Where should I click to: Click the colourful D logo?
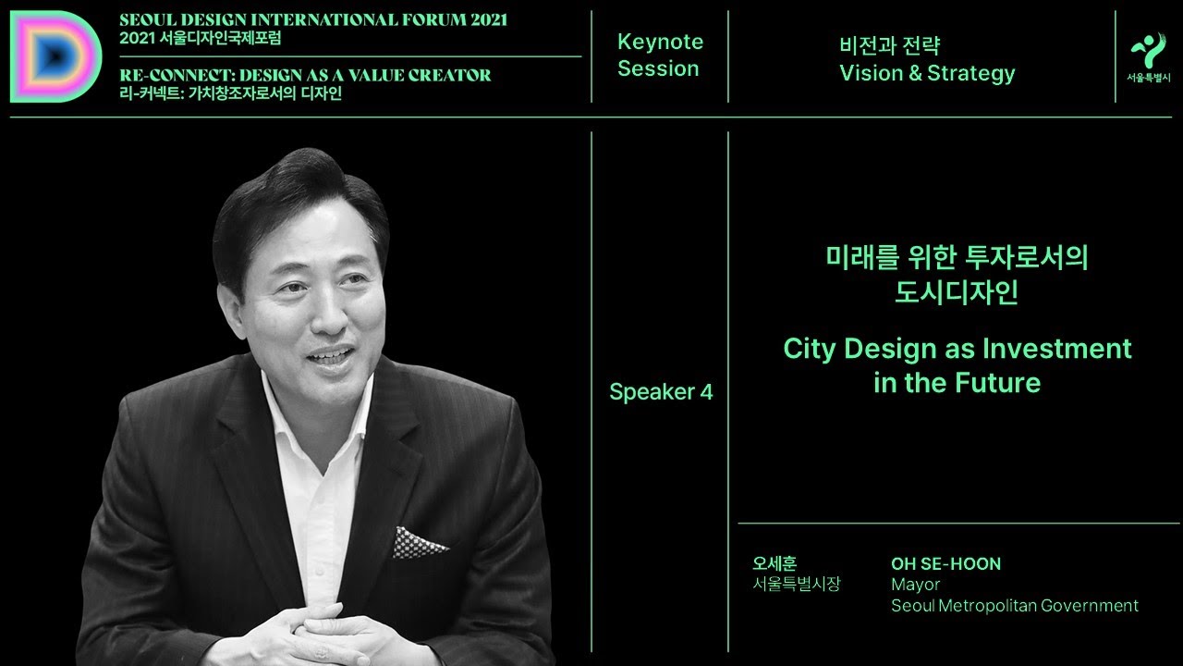coord(55,56)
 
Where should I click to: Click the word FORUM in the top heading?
coord(420,20)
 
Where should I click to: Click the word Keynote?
coord(660,42)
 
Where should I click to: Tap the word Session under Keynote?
coord(658,68)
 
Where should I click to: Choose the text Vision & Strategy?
coord(926,74)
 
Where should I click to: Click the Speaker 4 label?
coord(661,391)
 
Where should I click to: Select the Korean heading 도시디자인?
coord(957,293)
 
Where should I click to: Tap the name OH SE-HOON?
coord(945,563)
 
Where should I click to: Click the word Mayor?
coord(915,585)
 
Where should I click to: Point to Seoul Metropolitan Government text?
coord(1014,606)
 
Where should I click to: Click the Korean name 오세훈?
coord(774,563)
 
